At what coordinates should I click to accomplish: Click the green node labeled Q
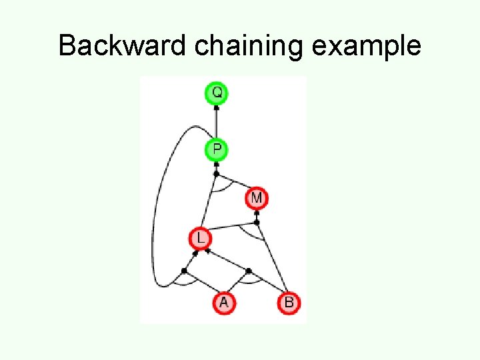coord(216,93)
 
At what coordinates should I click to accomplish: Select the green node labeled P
coord(216,149)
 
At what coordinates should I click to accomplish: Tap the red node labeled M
coord(257,198)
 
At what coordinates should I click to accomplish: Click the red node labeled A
coord(223,303)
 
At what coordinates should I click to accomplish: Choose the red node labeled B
coord(289,303)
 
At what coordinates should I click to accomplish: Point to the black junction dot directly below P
coord(216,174)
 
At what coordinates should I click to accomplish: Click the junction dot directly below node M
coord(257,222)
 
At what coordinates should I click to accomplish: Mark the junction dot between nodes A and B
coord(248,271)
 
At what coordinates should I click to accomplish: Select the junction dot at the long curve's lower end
coord(184,270)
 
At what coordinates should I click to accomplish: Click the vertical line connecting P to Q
coord(216,123)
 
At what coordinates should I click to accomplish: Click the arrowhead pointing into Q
coord(216,107)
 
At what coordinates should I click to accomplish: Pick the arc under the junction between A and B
coord(249,281)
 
